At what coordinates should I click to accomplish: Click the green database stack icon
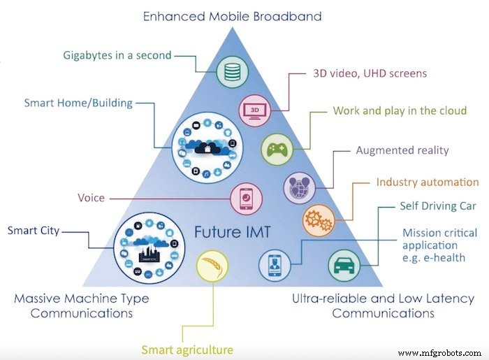point(233,72)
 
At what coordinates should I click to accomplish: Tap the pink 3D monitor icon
point(255,110)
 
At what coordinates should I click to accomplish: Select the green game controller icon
point(277,149)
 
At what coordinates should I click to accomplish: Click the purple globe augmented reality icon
point(300,188)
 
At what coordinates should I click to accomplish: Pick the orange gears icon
point(319,221)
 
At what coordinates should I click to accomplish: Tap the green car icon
point(344,266)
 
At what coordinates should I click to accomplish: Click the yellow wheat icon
point(212,266)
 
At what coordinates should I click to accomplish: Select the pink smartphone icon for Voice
point(247,199)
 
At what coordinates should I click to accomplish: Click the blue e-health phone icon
point(275,266)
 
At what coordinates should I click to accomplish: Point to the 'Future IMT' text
point(233,232)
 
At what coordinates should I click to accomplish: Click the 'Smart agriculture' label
point(187,350)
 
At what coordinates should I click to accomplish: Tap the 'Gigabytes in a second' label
point(117,55)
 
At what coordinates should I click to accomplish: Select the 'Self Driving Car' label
point(438,206)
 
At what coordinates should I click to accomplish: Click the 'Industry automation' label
point(428,182)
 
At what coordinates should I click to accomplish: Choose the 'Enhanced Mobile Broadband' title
point(233,16)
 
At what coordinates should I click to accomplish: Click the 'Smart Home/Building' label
point(78,103)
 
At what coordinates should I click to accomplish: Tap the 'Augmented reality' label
point(402,150)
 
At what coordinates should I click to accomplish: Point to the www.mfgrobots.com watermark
point(439,353)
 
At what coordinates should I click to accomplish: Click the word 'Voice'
point(91,198)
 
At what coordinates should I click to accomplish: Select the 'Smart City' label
point(34,231)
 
